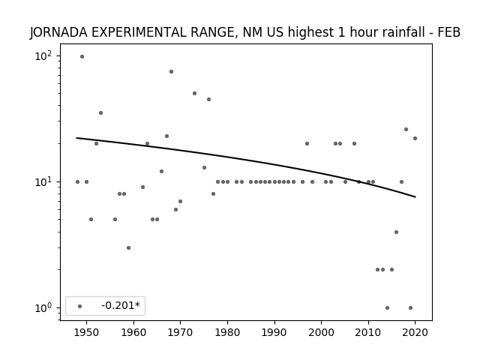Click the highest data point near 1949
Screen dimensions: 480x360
pos(82,57)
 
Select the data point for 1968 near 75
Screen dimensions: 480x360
pos(172,72)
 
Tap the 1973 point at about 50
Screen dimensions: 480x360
pos(195,93)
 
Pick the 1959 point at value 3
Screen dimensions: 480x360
pos(128,247)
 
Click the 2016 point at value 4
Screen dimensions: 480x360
pos(397,232)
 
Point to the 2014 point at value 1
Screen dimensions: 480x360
pos(387,307)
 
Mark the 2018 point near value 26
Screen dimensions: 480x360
pos(406,130)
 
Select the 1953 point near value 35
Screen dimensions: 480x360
pos(100,113)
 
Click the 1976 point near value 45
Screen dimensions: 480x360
pos(208,100)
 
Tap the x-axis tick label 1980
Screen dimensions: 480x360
pos(227,332)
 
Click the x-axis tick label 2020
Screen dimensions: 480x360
pos(415,332)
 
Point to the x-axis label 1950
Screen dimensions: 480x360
pos(87,332)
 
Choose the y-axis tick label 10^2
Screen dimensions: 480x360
pos(43,56)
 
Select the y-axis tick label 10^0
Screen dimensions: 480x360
pos(43,307)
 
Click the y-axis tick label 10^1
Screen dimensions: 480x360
pos(43,181)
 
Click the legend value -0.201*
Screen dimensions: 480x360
pos(121,305)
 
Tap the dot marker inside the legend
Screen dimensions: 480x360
pos(80,306)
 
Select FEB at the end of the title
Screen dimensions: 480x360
pos(449,32)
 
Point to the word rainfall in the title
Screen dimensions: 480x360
pos(406,32)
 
